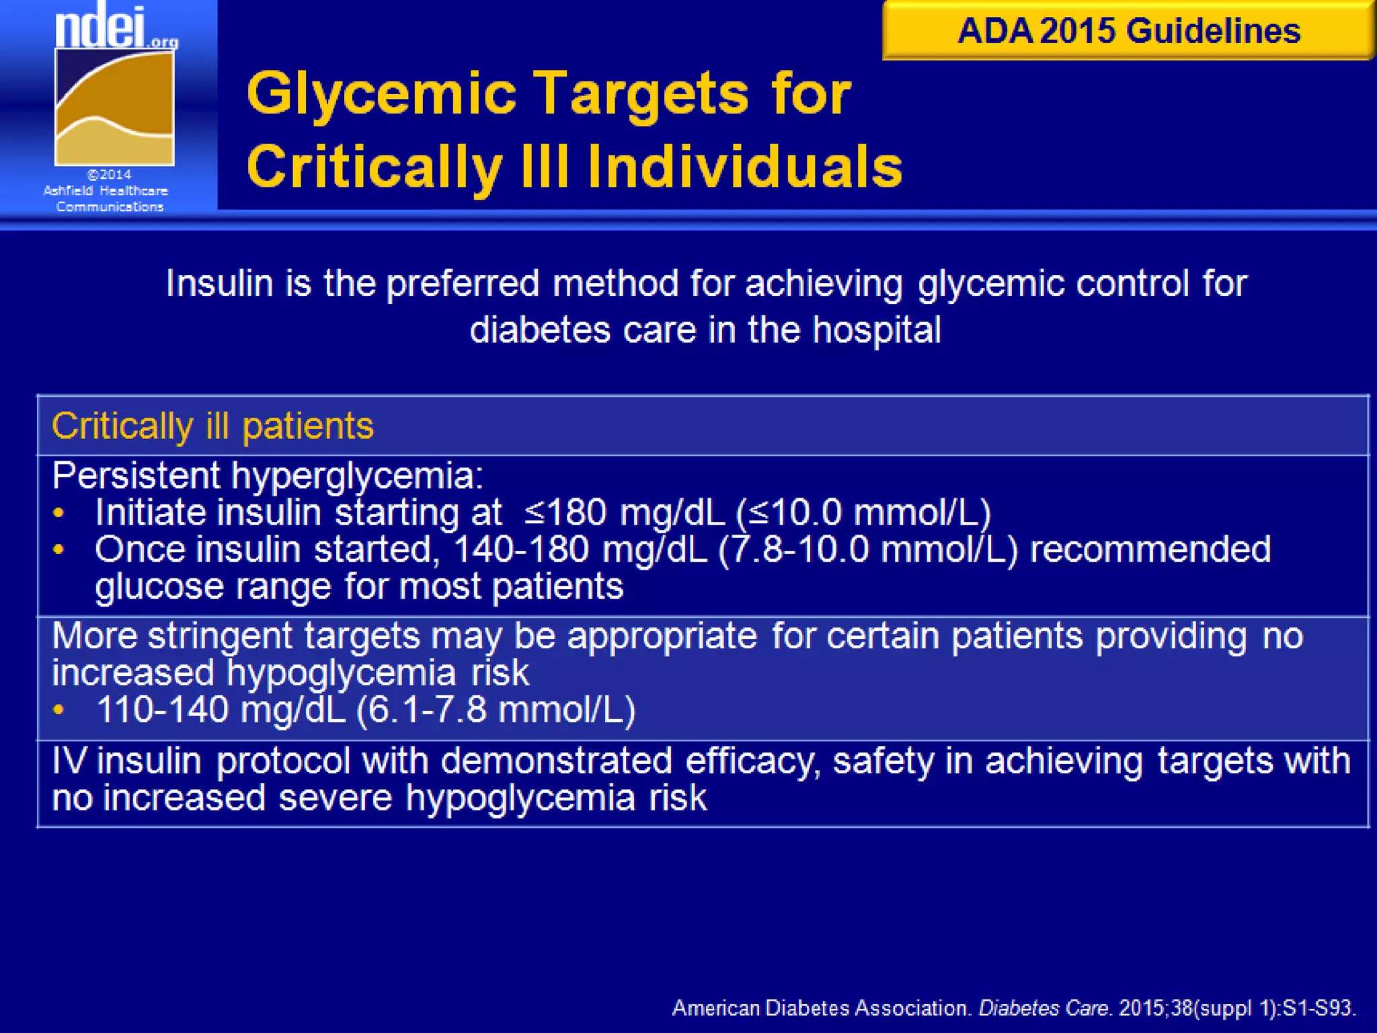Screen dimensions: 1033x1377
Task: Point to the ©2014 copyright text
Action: click(110, 175)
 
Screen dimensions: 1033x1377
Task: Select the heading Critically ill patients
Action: click(212, 426)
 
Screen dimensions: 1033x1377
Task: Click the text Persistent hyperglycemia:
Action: click(268, 476)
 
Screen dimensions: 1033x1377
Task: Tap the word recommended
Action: click(1150, 549)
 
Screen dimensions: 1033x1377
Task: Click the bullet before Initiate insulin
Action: click(58, 514)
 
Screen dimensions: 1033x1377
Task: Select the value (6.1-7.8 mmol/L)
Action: click(496, 710)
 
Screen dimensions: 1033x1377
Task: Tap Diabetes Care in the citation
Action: click(1043, 1008)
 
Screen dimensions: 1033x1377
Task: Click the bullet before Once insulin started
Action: click(58, 550)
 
